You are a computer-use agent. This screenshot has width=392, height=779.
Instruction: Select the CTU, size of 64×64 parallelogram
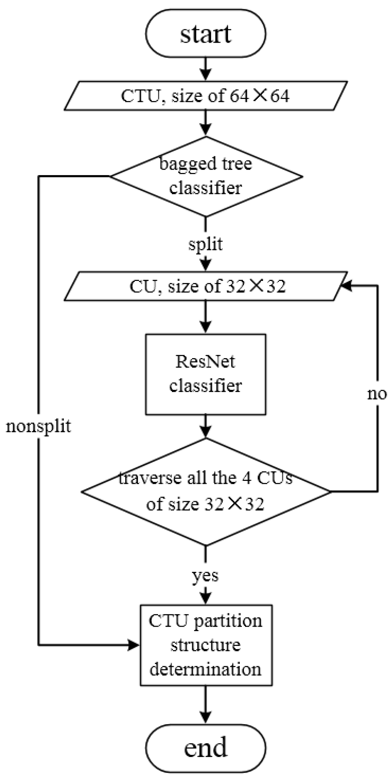coord(206,96)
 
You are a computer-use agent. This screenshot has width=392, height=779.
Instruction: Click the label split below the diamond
coord(206,244)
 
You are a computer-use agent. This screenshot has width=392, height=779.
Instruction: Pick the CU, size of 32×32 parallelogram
coord(206,286)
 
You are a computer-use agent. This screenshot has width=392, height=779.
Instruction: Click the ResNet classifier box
coord(206,374)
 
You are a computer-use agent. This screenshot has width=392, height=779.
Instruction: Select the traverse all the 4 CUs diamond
coord(206,491)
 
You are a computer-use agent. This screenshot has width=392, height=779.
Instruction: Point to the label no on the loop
coord(377,394)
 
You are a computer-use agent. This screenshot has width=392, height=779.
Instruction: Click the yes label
coord(206,575)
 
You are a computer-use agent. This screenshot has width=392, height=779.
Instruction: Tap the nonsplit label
coord(39,426)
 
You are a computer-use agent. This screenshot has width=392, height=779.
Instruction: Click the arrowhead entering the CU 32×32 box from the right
coord(346,286)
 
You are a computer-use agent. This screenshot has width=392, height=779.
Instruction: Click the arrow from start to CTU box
coord(206,69)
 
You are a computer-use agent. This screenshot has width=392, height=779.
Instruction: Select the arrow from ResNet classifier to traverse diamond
coord(206,427)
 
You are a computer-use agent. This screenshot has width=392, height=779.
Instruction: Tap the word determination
coord(206,669)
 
